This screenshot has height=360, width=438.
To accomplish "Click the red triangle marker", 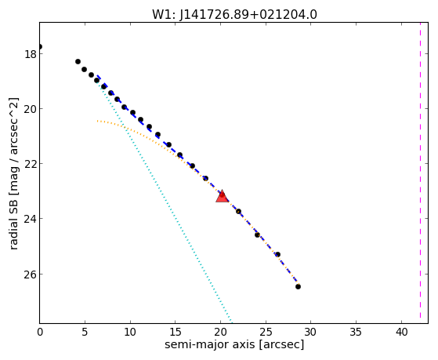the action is click(223, 196).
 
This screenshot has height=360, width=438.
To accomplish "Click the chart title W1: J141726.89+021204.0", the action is click(234, 15).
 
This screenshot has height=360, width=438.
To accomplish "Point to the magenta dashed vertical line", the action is click(420, 173).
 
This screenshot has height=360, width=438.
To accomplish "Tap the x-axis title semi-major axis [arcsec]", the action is click(234, 344).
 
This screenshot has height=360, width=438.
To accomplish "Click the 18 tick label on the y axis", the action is click(31, 54).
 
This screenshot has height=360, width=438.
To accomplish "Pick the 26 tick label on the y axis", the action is click(31, 275).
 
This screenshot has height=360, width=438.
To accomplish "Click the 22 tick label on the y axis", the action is click(31, 164).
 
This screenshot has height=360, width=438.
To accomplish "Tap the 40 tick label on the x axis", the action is click(402, 332).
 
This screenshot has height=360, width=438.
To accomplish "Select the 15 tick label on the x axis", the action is click(176, 332).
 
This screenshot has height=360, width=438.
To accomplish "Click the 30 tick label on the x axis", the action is click(311, 332).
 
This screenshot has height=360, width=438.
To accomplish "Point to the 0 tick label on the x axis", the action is click(40, 332).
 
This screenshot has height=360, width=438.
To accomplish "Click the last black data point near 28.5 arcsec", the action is click(298, 287).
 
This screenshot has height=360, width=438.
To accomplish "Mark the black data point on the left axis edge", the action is click(40, 46).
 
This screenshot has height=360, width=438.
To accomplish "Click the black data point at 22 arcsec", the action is click(238, 212).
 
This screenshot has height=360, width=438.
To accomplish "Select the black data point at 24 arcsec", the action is click(257, 235).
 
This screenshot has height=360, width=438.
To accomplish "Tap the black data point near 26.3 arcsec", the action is click(277, 255).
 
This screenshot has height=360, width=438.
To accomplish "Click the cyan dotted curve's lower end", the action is click(232, 322).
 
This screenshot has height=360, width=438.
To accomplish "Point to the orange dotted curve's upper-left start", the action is click(98, 121).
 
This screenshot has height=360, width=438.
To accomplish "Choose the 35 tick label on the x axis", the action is click(357, 332).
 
